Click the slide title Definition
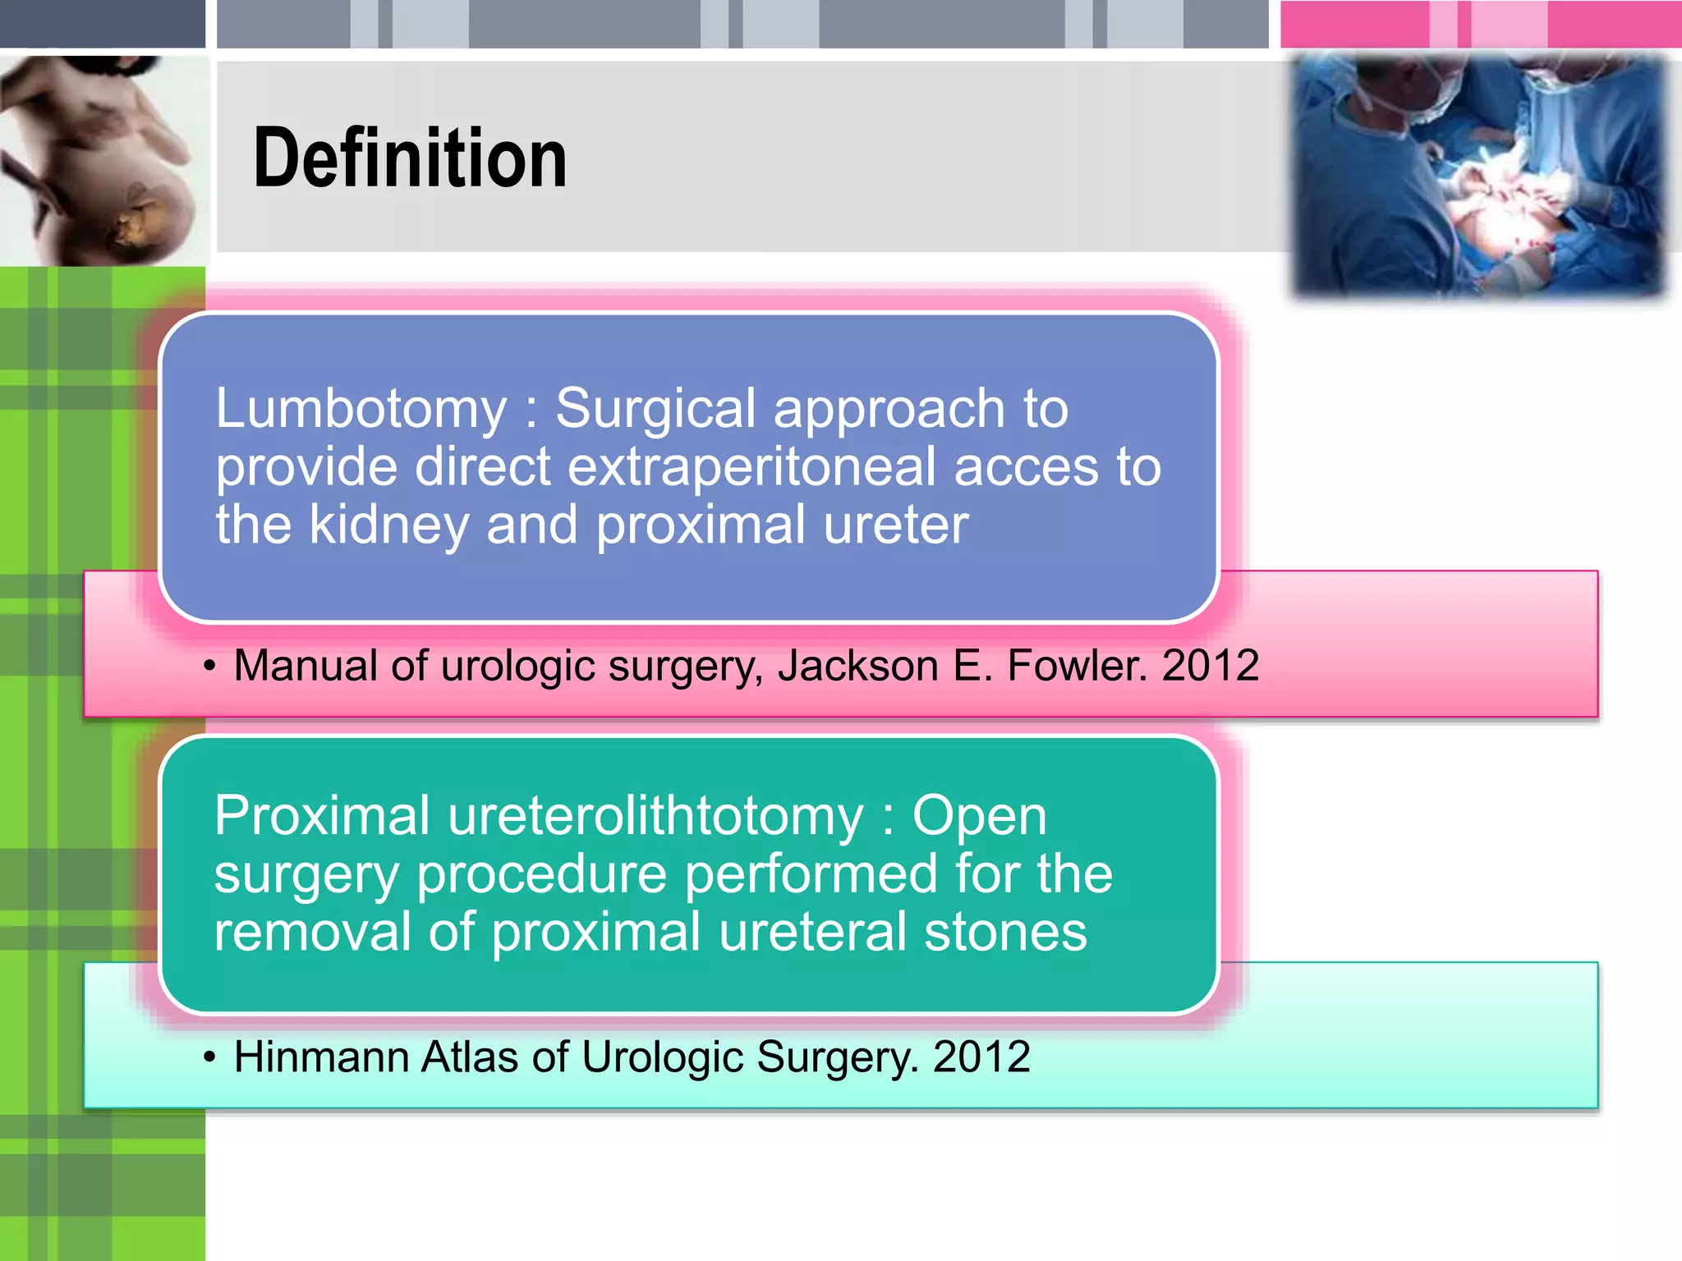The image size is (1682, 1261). (410, 158)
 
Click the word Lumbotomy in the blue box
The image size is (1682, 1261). (361, 408)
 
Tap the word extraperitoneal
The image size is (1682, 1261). (751, 467)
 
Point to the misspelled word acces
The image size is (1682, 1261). (1023, 467)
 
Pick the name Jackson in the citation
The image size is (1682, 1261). (857, 665)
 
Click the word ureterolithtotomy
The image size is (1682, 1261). (655, 816)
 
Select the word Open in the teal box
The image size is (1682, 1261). (979, 816)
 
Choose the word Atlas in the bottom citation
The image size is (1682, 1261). (469, 1057)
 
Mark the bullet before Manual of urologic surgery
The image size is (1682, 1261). (210, 667)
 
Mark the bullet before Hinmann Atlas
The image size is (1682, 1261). (210, 1058)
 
